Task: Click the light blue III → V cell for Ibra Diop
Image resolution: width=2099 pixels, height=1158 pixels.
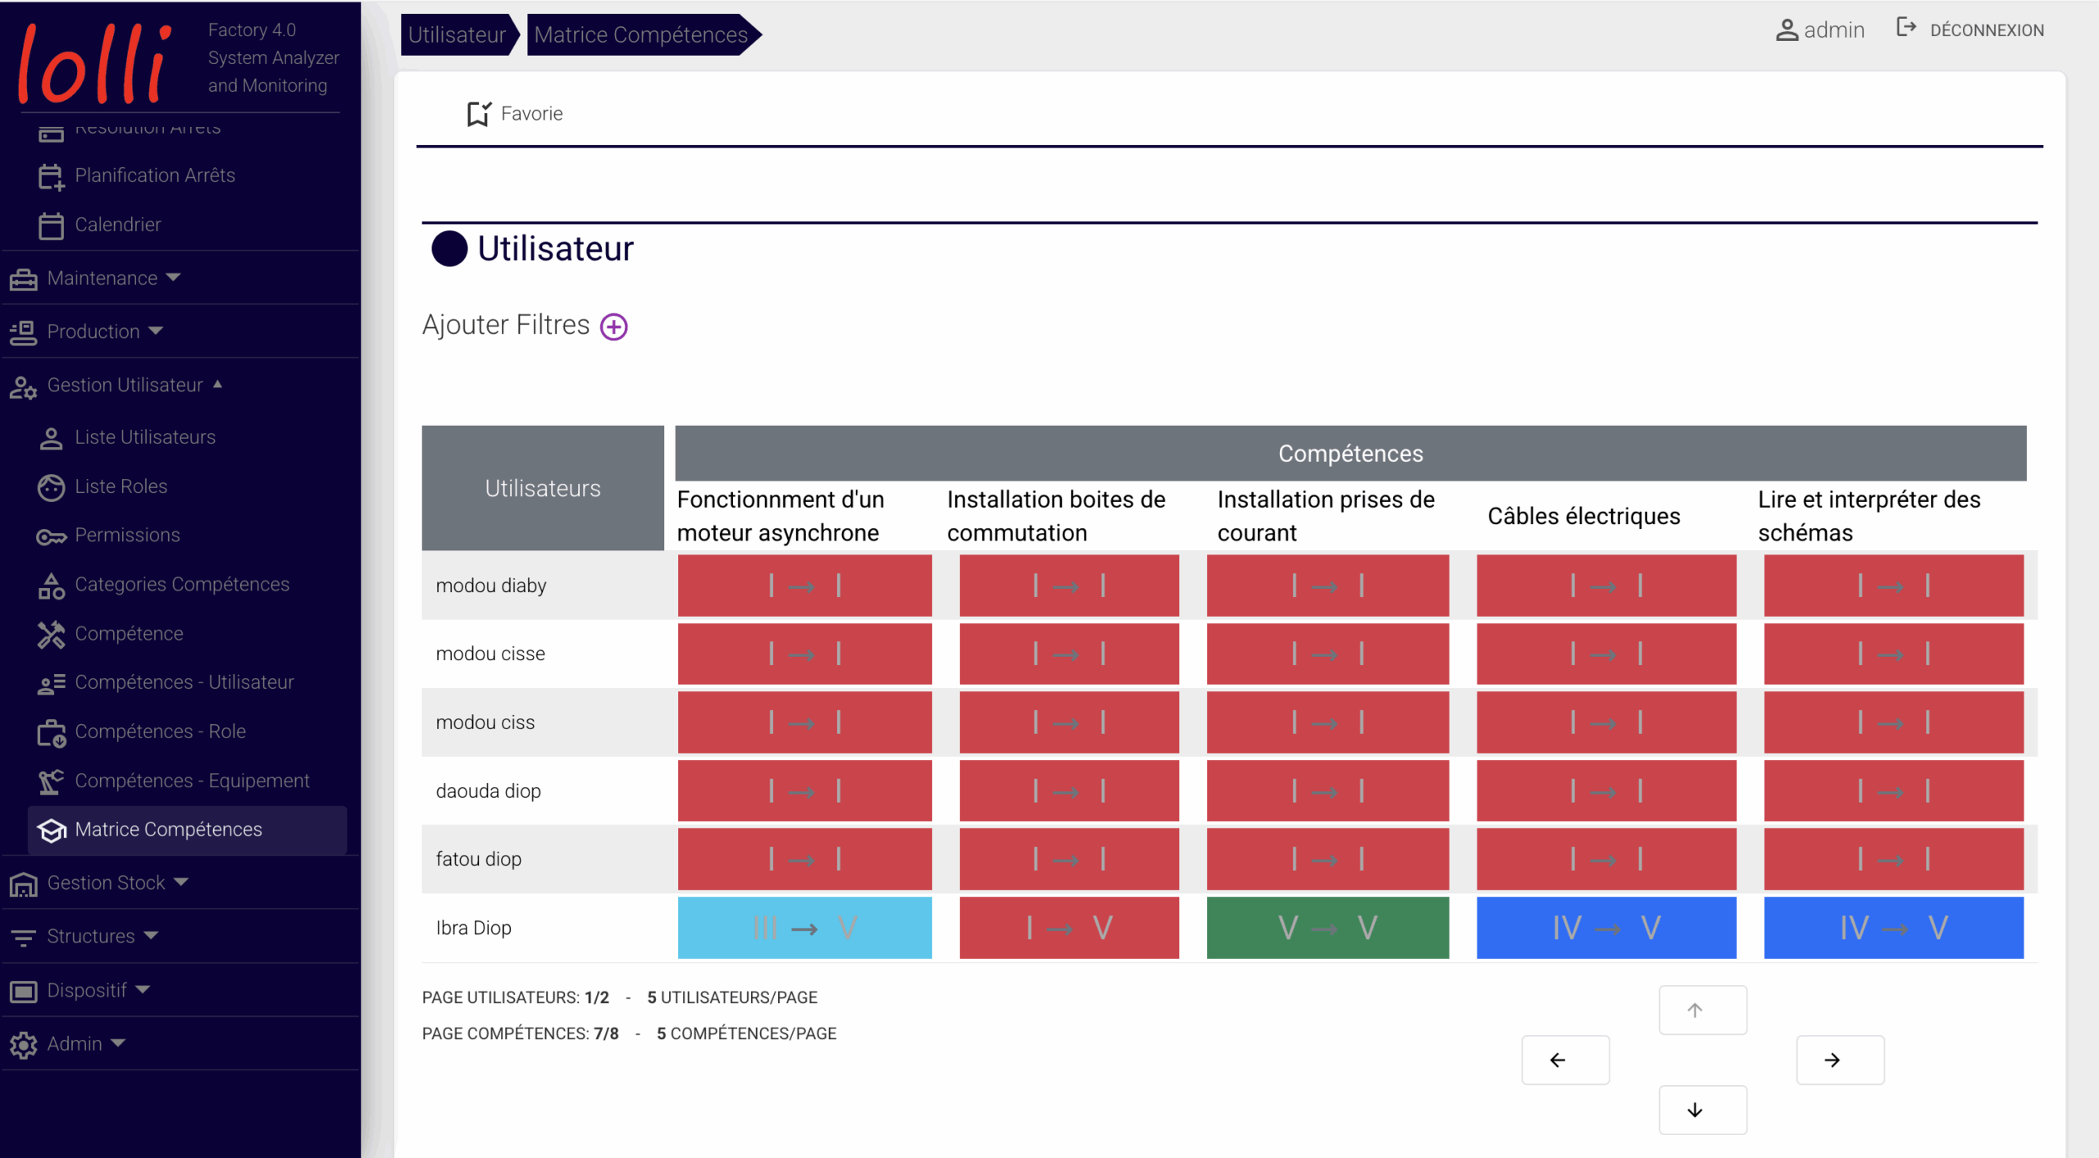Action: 804,928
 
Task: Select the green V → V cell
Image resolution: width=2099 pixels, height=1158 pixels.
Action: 1327,928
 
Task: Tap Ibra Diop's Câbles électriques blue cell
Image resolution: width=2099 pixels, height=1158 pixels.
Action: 1605,928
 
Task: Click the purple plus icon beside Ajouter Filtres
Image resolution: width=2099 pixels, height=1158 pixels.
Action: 613,326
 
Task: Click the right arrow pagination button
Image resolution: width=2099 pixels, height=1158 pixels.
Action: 1839,1060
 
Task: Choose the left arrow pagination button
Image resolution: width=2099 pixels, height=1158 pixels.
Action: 1564,1060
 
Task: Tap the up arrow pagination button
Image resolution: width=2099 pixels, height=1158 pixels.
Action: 1702,1010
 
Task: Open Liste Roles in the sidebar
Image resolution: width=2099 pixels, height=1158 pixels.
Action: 121,486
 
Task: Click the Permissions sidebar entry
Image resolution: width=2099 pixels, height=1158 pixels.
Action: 127,536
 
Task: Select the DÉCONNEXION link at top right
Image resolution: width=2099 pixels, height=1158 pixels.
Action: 1985,30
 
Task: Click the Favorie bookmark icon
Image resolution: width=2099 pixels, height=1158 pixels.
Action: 478,114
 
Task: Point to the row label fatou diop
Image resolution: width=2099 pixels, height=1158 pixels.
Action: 478,859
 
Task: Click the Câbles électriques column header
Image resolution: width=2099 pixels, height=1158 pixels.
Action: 1583,516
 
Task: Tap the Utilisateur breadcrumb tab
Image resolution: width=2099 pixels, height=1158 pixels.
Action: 457,34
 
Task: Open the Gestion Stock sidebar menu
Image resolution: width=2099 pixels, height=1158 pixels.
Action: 107,882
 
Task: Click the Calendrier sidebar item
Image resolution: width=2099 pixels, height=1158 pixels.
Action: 117,225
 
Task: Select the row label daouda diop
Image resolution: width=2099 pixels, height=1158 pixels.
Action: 488,791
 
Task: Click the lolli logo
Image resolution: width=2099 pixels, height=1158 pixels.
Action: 94,64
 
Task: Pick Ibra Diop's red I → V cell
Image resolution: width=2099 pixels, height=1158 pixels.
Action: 1068,928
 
